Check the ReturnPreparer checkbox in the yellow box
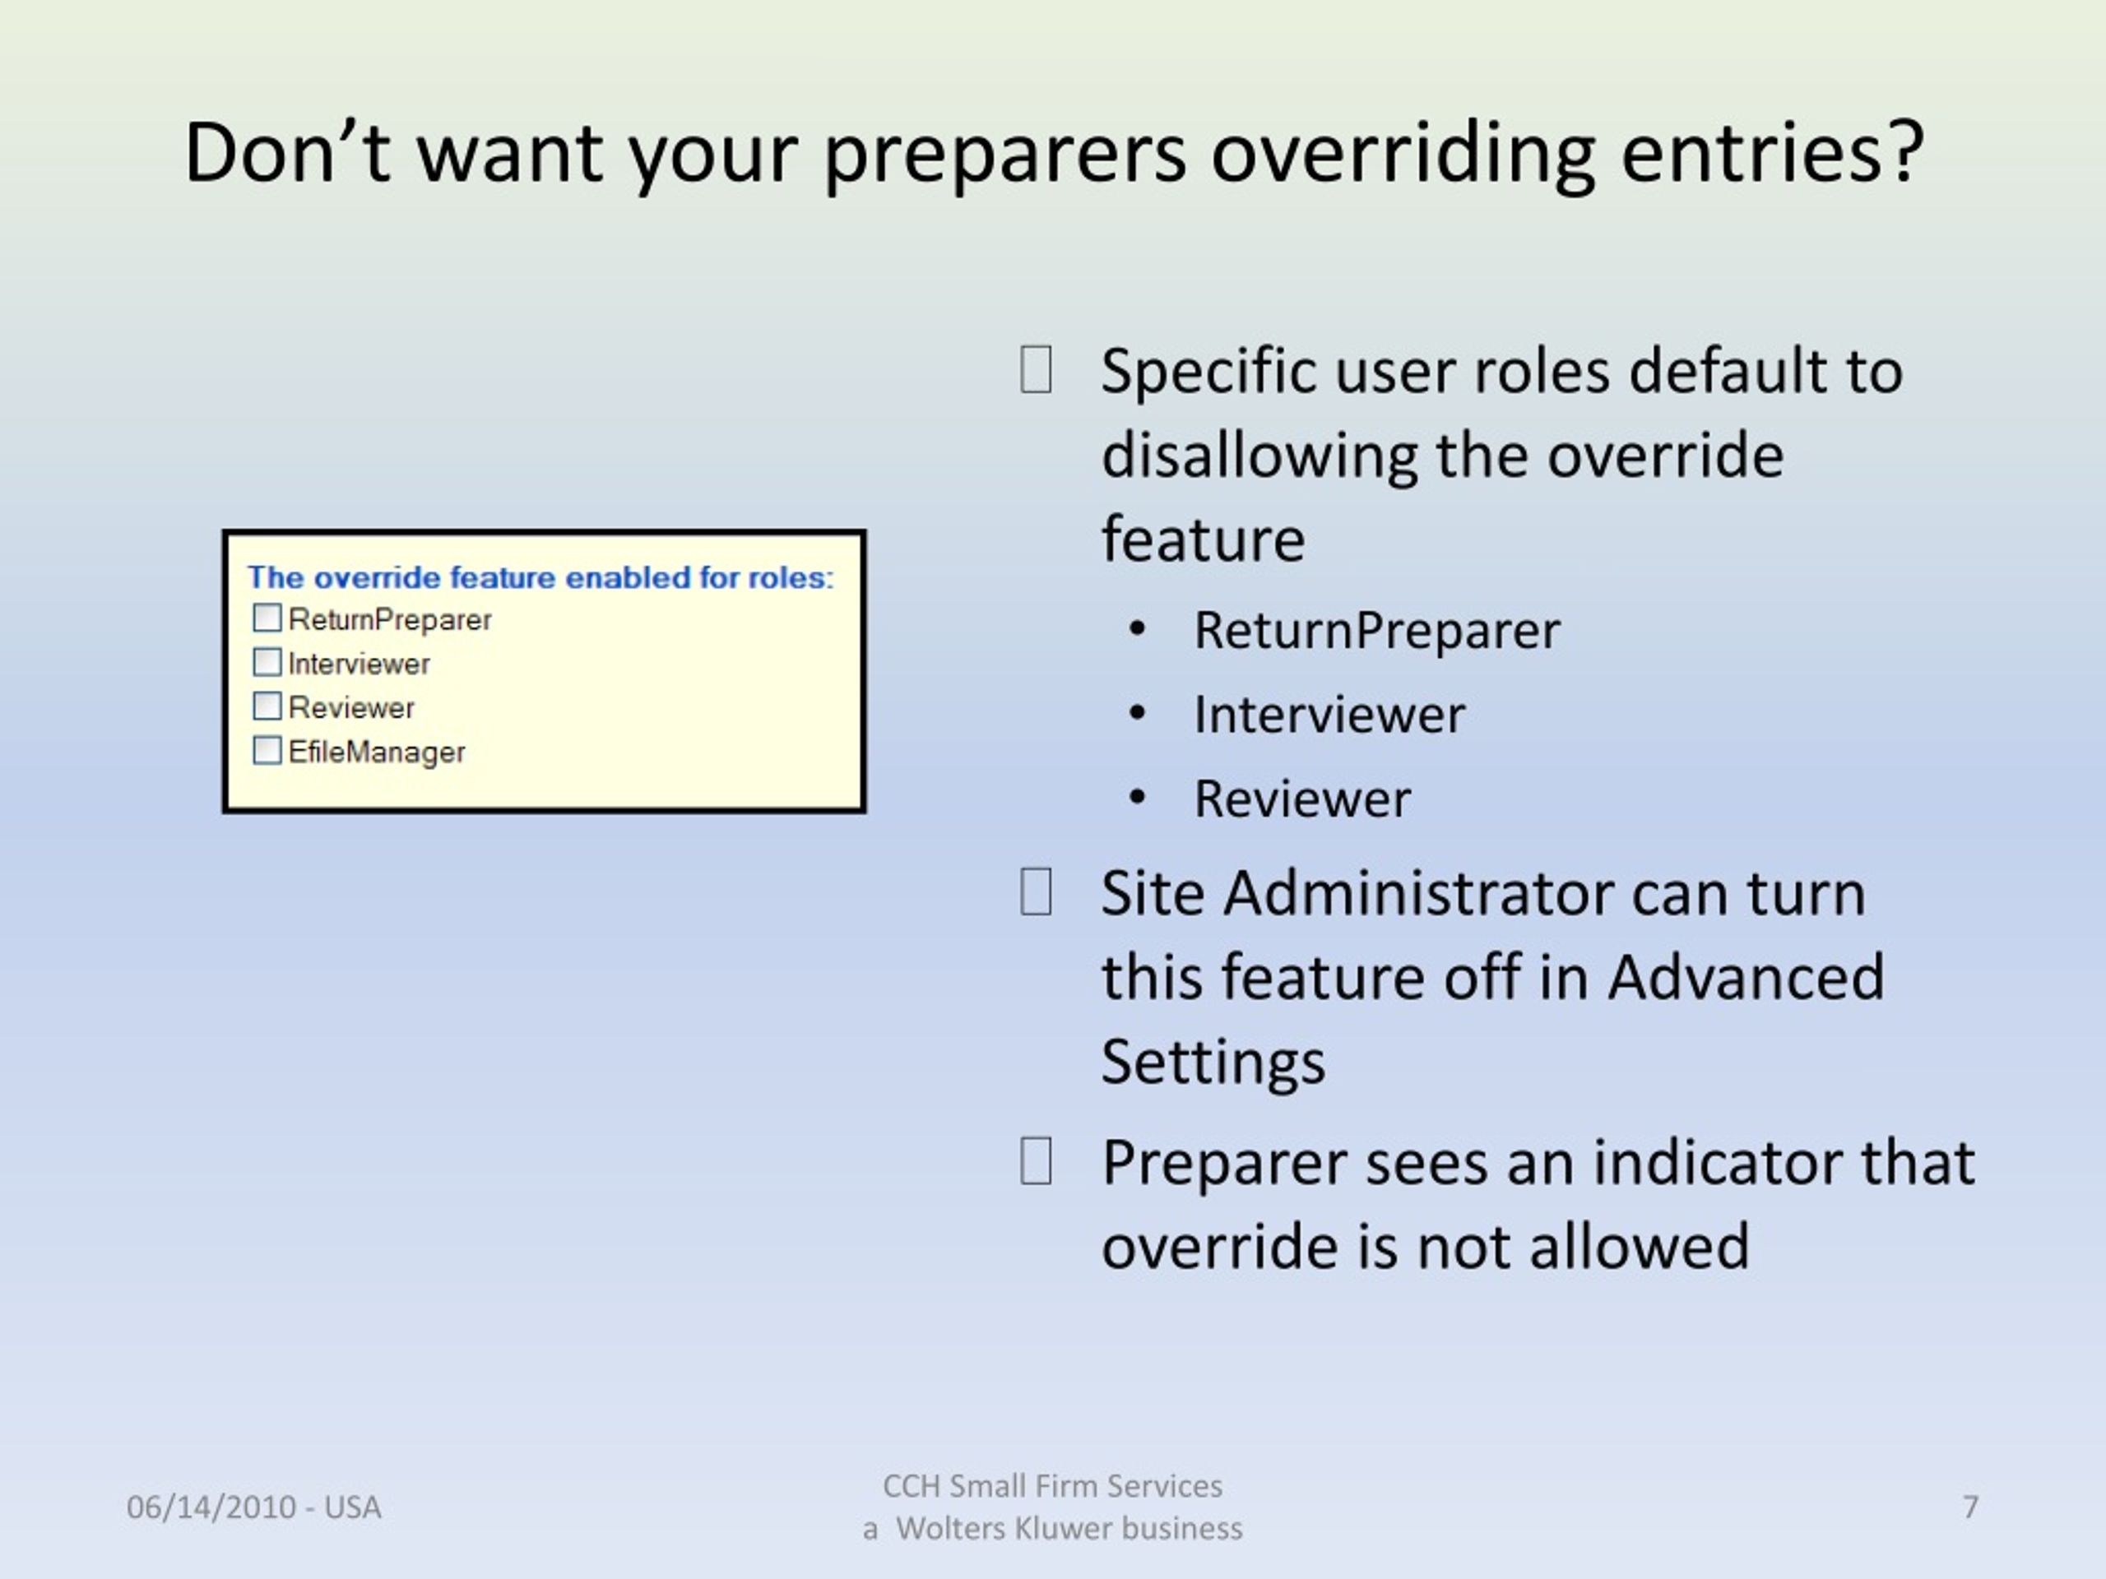coord(267,618)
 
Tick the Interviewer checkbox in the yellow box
coord(267,661)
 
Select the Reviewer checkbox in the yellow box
coord(267,706)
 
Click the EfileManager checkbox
coord(267,750)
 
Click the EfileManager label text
coord(377,752)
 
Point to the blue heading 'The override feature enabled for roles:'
coord(540,576)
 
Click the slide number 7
coord(1970,1507)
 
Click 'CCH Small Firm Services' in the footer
coord(1052,1486)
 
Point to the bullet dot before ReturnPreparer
coord(1137,629)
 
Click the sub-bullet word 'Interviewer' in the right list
coord(1329,715)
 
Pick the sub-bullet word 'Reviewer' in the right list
coord(1302,799)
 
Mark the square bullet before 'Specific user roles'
coord(1036,369)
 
